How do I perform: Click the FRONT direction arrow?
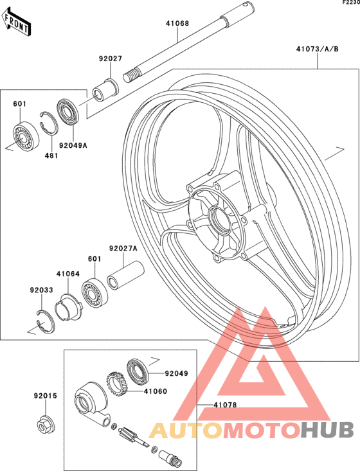(16, 23)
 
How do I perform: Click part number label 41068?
(177, 23)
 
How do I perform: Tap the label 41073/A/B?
(318, 49)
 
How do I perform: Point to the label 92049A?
(73, 145)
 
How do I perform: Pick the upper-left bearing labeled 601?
(26, 137)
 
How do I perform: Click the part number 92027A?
(123, 249)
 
